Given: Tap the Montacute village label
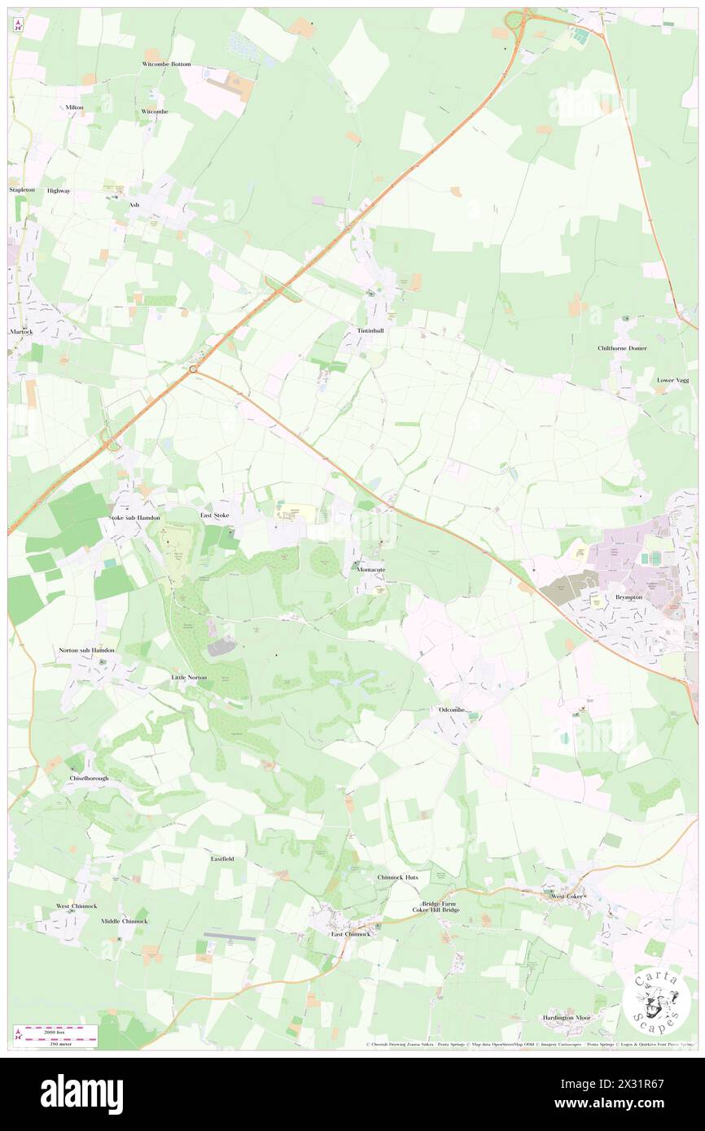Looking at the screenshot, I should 370,570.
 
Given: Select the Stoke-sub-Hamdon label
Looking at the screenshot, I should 135,517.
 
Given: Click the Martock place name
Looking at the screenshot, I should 21,331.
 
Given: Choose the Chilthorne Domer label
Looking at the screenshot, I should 621,348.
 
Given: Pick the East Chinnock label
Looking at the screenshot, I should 350,934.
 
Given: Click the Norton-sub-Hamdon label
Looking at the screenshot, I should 86,650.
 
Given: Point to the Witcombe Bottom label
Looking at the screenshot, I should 166,63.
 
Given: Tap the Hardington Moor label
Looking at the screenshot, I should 567,1018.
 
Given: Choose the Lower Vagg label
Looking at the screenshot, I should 672,380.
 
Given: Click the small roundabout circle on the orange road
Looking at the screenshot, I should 194,369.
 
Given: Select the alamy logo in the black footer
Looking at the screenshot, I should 81,1094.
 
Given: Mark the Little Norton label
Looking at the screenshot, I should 189,677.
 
